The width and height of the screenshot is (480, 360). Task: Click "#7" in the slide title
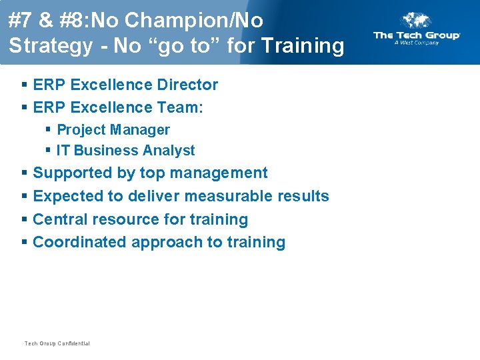pos(21,21)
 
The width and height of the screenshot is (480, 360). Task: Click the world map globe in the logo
pos(417,21)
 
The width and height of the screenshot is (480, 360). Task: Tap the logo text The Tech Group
pos(417,35)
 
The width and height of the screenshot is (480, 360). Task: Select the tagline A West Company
pos(417,43)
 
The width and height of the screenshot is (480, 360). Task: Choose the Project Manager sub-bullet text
pos(113,130)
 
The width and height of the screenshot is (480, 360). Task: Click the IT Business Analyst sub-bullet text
pos(125,151)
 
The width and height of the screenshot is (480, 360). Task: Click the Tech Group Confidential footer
pos(57,343)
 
